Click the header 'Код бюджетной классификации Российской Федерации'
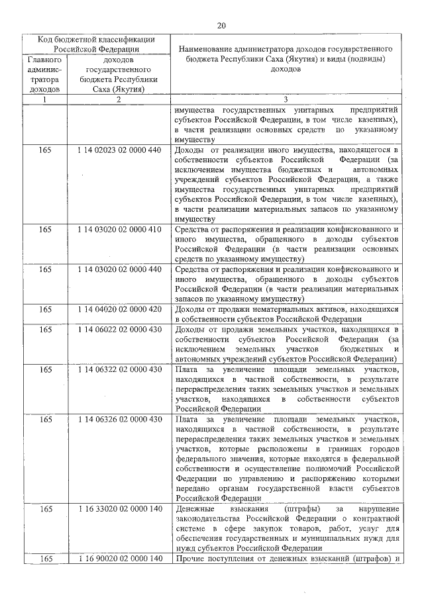pyautogui.click(x=96, y=43)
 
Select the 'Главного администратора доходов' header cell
pyautogui.click(x=45, y=73)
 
